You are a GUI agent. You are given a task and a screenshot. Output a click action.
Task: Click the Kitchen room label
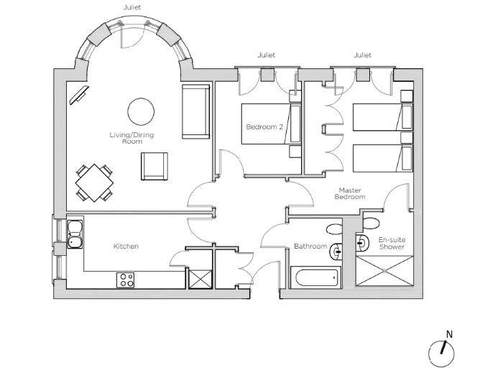[126, 247]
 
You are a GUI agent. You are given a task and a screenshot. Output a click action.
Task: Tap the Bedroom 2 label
[264, 126]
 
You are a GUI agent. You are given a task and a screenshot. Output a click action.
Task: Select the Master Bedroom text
[350, 193]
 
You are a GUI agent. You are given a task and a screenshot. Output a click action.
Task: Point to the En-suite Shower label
[392, 243]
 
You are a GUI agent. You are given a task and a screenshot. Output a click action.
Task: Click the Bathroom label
[310, 247]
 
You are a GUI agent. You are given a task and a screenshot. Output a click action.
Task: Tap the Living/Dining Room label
[132, 138]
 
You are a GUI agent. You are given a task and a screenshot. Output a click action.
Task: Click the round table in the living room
[141, 111]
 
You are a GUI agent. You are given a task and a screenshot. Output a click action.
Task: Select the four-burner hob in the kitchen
[126, 280]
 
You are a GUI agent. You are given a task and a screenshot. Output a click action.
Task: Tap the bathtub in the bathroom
[315, 277]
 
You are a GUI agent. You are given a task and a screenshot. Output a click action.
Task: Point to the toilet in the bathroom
[334, 229]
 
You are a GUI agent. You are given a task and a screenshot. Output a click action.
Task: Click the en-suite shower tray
[384, 271]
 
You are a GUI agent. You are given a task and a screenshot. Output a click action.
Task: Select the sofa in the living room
[196, 111]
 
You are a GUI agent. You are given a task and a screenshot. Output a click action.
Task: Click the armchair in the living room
[154, 166]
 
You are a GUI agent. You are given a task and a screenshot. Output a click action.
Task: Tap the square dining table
[95, 183]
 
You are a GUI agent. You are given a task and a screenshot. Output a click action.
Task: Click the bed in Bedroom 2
[271, 124]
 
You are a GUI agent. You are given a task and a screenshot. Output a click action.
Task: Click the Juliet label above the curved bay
[132, 7]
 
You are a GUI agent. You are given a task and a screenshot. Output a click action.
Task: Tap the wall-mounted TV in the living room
[79, 96]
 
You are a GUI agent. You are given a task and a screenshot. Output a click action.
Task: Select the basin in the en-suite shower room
[362, 243]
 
